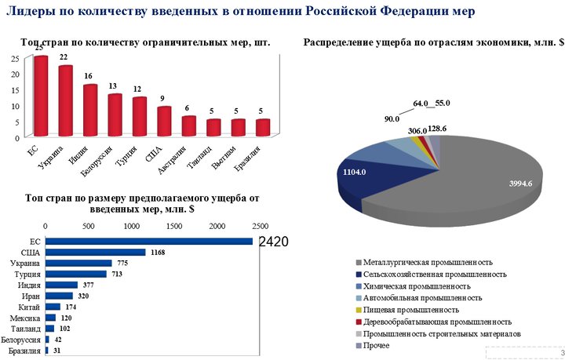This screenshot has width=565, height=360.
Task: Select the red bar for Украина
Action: [x=66, y=102]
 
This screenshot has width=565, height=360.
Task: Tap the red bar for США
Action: [x=164, y=122]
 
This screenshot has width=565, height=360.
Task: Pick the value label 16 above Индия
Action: [x=90, y=76]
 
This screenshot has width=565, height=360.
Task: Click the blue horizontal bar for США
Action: [x=96, y=253]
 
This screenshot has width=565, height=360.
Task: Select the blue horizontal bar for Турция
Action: [x=76, y=275]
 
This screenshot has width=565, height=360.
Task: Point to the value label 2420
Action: [x=273, y=242]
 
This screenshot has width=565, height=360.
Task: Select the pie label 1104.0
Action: [x=355, y=173]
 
